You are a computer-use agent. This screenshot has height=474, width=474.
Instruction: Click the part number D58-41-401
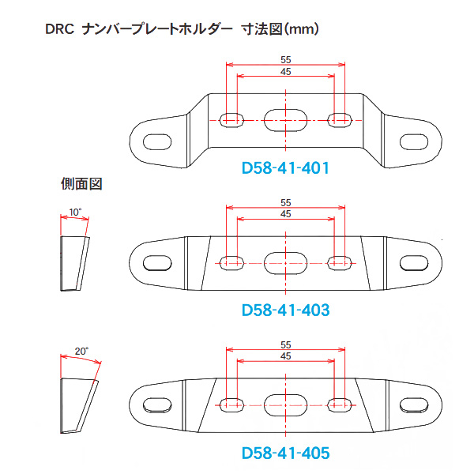pyautogui.click(x=285, y=168)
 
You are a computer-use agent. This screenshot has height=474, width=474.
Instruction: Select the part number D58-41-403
pyautogui.click(x=285, y=310)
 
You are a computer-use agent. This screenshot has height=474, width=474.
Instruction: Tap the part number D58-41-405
pyautogui.click(x=285, y=453)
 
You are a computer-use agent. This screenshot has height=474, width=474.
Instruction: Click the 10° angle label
pyautogui.click(x=75, y=213)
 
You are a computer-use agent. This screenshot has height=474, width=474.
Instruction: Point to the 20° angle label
pyautogui.click(x=81, y=351)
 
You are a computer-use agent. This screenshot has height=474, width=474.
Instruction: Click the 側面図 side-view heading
pyautogui.click(x=81, y=184)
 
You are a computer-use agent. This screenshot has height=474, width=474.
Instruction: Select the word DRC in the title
pyautogui.click(x=59, y=29)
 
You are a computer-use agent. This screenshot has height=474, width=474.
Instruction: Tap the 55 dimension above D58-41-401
pyautogui.click(x=286, y=59)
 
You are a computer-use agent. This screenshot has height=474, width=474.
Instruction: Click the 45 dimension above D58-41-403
pyautogui.click(x=286, y=214)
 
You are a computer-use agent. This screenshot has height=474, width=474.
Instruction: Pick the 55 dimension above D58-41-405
pyautogui.click(x=286, y=344)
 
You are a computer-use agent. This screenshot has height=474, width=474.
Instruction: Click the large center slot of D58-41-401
pyautogui.click(x=286, y=120)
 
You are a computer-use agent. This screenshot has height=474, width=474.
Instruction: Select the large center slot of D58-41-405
pyautogui.click(x=286, y=405)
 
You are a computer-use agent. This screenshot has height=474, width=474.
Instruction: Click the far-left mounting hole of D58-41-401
pyautogui.click(x=157, y=141)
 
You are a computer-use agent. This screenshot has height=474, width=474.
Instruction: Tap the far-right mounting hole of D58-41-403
pyautogui.click(x=414, y=263)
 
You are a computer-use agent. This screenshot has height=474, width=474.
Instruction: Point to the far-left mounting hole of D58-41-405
pyautogui.click(x=157, y=405)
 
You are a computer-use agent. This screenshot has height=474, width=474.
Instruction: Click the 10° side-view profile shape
pyautogui.click(x=75, y=264)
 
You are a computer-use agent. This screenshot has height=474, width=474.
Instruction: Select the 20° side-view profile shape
pyautogui.click(x=79, y=406)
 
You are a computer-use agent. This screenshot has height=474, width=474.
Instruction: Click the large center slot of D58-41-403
pyautogui.click(x=286, y=263)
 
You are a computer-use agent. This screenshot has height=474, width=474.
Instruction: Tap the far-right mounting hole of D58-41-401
pyautogui.click(x=414, y=141)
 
